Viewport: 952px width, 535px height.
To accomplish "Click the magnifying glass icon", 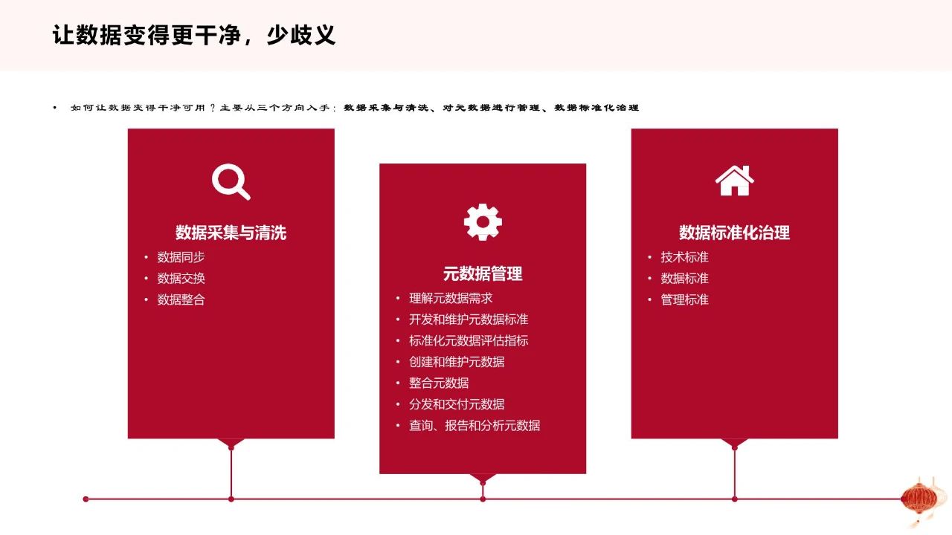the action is (231, 182).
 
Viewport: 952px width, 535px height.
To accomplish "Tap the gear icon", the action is (483, 222).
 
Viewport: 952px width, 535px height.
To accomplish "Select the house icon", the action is (734, 181).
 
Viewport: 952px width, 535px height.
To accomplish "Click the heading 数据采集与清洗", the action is (231, 233).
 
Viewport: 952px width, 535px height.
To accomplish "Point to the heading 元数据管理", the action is (483, 274).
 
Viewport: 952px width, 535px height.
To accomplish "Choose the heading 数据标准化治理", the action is (734, 233).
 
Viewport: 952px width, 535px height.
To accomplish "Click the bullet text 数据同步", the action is (181, 257).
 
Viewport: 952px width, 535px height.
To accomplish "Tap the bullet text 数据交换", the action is (181, 279).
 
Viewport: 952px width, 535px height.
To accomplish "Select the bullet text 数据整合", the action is (181, 299).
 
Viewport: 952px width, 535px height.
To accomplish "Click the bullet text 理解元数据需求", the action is (451, 299).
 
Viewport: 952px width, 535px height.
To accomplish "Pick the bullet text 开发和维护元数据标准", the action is (469, 320).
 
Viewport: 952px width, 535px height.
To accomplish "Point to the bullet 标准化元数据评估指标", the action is (469, 341).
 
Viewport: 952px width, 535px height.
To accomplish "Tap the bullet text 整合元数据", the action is (439, 383).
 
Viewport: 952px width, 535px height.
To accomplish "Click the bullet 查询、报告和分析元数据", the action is (475, 426).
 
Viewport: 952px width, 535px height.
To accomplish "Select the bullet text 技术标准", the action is (685, 257).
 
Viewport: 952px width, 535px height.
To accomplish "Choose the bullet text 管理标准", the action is (685, 299).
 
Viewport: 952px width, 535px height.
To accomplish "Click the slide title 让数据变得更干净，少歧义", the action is (194, 35).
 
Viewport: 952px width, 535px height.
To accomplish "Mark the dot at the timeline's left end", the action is (86, 499).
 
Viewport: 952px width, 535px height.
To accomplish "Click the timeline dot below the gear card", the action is (483, 499).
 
